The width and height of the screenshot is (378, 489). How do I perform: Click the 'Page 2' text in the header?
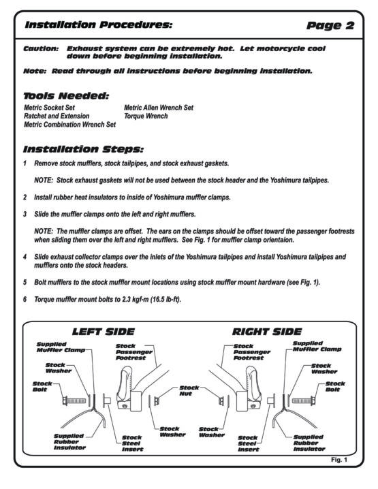tap(330, 26)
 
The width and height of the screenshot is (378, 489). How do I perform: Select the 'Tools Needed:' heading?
tap(66, 96)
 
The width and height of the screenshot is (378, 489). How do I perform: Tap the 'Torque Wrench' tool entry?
tap(146, 116)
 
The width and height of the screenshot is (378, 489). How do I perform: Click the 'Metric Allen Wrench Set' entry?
tap(159, 108)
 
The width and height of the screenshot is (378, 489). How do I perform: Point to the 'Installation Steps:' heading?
tap(83, 149)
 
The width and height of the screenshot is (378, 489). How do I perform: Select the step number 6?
tap(25, 300)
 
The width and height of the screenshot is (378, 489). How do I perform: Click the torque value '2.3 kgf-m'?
tap(135, 300)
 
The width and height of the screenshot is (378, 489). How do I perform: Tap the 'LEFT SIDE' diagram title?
tap(104, 332)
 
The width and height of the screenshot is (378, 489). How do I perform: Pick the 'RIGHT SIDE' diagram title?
tap(267, 332)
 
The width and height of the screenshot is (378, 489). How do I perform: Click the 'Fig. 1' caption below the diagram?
tap(339, 460)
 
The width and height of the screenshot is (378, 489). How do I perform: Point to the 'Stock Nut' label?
tap(189, 390)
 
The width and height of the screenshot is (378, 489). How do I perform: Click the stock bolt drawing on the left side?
tap(74, 400)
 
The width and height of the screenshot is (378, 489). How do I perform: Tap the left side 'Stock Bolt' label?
tap(42, 387)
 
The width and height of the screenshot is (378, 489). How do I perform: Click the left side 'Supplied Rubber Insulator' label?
tap(69, 442)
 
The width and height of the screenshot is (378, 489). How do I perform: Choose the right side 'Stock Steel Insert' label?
tap(248, 444)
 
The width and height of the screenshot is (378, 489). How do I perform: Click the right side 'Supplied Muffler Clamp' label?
tap(317, 346)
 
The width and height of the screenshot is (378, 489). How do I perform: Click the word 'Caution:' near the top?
tap(41, 48)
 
